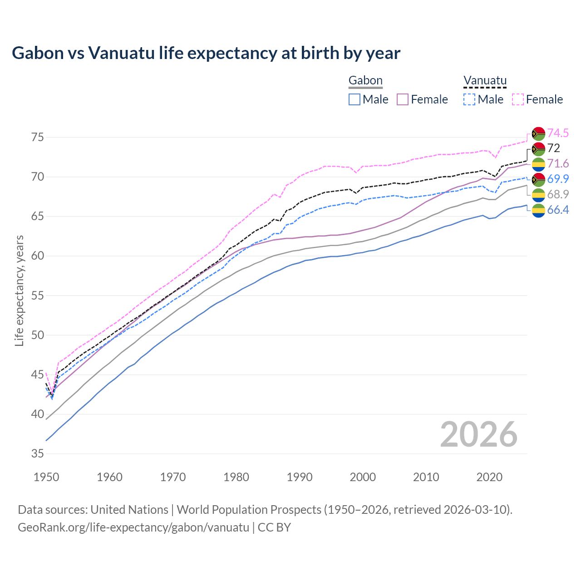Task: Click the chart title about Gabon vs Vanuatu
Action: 206,53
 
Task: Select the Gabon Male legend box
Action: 355,99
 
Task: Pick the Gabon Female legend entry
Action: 422,99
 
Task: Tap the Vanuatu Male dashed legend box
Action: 469,99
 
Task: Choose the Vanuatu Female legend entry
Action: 537,99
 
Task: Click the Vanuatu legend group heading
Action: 485,81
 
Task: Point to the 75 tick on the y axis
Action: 37,137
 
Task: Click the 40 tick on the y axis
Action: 37,414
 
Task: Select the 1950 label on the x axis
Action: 46,477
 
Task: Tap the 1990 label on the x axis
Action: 300,477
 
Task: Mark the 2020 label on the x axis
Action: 489,477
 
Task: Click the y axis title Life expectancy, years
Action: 19,290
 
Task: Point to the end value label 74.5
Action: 558,133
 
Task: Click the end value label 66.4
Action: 558,210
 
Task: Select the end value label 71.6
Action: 558,163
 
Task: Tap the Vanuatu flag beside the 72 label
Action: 538,148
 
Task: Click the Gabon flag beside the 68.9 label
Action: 538,195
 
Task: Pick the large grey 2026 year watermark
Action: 478,434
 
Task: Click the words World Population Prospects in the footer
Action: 249,509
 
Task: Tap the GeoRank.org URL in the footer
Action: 133,527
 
